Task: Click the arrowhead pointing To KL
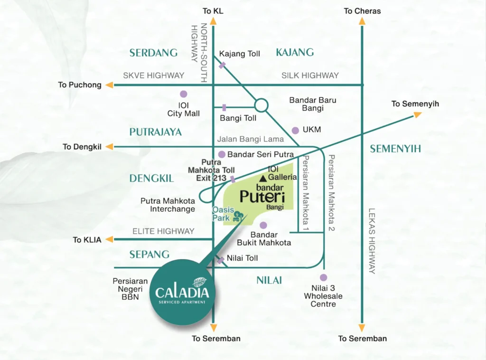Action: (x=213, y=21)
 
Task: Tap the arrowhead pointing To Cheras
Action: (x=362, y=21)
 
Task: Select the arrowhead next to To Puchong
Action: (x=110, y=85)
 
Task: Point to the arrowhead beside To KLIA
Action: (x=110, y=239)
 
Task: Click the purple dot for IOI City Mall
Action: (x=184, y=94)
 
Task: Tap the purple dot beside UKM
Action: (x=295, y=130)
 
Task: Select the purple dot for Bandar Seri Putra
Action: (x=222, y=154)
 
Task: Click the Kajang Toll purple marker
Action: (x=222, y=65)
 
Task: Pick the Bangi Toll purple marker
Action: (x=224, y=108)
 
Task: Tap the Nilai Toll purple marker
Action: (x=221, y=260)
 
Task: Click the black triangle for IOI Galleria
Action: (x=263, y=178)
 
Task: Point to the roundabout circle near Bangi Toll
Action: (x=262, y=99)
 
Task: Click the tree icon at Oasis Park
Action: (x=238, y=216)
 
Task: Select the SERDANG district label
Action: (x=153, y=53)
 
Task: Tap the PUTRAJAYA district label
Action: (x=156, y=132)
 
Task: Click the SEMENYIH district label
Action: (x=395, y=149)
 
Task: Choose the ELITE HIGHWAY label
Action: (x=163, y=231)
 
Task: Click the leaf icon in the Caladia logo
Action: (x=199, y=282)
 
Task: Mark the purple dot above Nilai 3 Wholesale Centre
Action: (x=324, y=277)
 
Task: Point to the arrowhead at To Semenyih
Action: (x=418, y=115)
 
